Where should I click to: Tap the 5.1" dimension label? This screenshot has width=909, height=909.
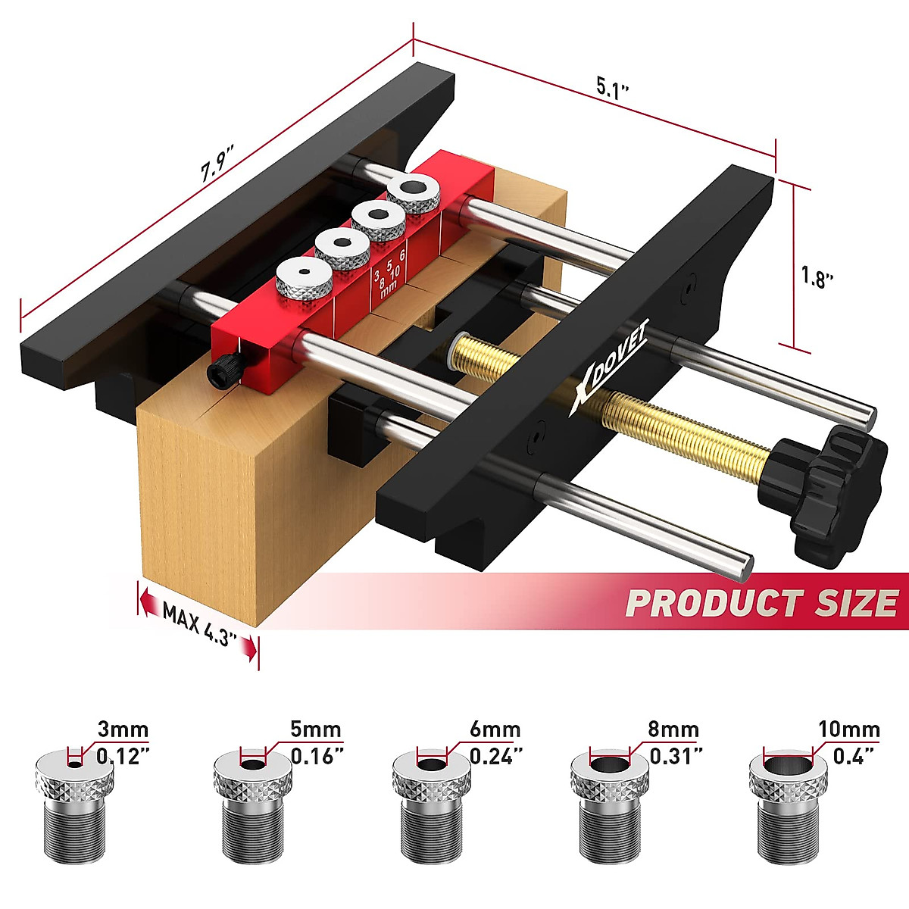coord(613,88)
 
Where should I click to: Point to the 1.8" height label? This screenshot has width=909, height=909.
coord(817,277)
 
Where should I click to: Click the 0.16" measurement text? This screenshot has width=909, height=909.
coord(317,756)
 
